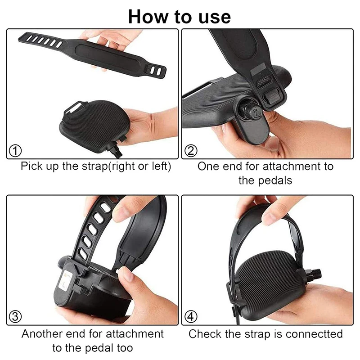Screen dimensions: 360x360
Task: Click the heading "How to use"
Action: [180, 17]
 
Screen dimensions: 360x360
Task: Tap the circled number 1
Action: [15, 151]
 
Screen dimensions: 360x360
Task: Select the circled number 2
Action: [191, 151]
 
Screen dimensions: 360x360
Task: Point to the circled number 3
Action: [15, 317]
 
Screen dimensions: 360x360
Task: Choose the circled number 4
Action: [191, 317]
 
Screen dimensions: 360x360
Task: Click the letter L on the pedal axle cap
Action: [257, 113]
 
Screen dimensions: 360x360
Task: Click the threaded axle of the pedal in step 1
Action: [117, 150]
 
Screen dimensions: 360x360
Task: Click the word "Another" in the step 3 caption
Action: [42, 334]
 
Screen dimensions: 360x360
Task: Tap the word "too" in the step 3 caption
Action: [125, 348]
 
